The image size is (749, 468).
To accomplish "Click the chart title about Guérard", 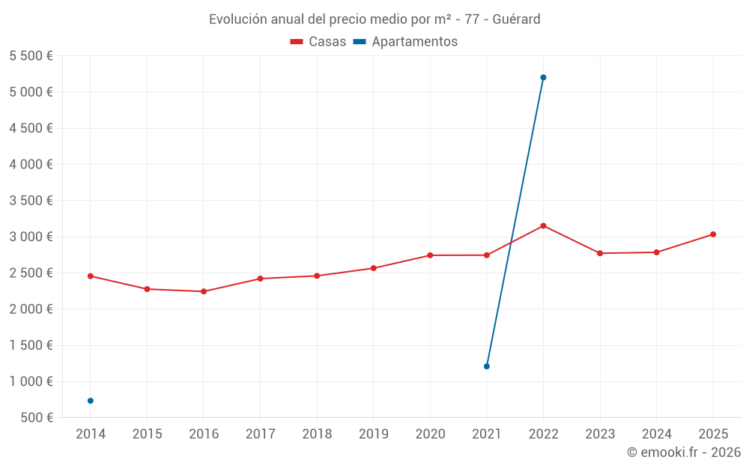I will click(x=374, y=19).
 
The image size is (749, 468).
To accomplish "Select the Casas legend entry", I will click(x=318, y=42).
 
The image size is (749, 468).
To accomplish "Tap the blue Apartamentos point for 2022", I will click(x=543, y=77).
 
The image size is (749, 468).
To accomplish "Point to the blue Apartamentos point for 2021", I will click(x=487, y=366).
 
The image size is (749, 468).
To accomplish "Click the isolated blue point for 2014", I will click(x=91, y=401).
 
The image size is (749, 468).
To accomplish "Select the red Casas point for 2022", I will click(x=543, y=225).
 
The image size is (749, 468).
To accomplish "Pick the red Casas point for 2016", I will click(x=204, y=291).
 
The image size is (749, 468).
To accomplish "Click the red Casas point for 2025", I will click(x=713, y=234).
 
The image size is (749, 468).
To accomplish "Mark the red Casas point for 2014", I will click(x=91, y=276).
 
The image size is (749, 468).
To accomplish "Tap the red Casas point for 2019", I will click(x=374, y=268).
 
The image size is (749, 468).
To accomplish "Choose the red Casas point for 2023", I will click(x=600, y=253).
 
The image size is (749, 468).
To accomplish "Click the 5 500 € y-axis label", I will click(x=31, y=56).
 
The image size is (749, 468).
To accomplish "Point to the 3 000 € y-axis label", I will click(x=31, y=237).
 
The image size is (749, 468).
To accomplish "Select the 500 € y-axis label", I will click(x=37, y=418).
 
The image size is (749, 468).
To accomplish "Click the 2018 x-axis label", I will click(x=317, y=434).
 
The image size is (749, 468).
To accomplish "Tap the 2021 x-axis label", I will click(x=487, y=434).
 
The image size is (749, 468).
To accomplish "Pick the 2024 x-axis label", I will click(x=656, y=434).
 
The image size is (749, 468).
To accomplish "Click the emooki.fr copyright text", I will click(x=683, y=452).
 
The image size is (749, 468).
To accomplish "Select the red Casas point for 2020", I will click(x=430, y=255).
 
